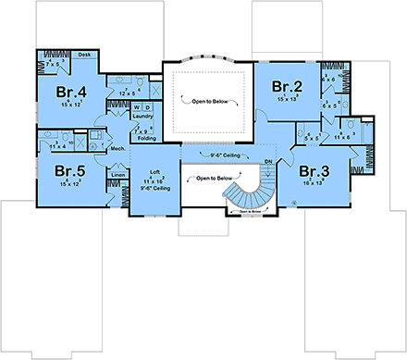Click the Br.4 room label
tap(73, 92)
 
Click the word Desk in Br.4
tap(84, 55)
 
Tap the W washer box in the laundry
tap(137, 106)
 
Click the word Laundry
tap(142, 117)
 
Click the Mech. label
tap(117, 148)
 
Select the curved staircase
tap(248, 194)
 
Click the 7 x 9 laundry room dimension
tap(141, 130)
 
